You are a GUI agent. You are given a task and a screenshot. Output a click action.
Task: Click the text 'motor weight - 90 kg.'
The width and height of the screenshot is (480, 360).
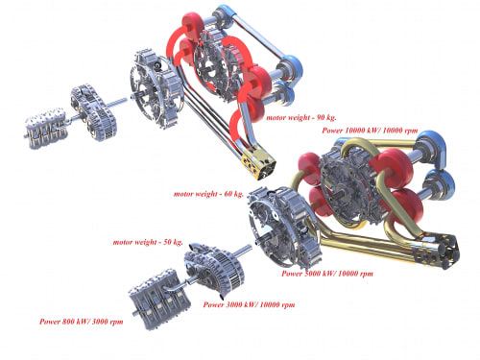[301, 117]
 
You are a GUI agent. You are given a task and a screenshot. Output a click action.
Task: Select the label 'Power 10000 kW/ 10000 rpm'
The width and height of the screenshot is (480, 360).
[370, 131]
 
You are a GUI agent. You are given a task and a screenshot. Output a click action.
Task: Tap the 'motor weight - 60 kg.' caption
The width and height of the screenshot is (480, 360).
[208, 194]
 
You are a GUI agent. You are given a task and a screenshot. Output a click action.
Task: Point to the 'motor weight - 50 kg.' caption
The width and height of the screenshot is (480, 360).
[148, 242]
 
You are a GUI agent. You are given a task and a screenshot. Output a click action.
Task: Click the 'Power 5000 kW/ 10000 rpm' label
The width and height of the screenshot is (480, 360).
[327, 274]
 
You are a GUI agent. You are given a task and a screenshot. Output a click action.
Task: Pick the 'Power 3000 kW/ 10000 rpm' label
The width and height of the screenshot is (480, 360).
[249, 304]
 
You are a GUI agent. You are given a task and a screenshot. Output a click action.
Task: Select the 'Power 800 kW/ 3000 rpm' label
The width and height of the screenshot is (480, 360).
[81, 322]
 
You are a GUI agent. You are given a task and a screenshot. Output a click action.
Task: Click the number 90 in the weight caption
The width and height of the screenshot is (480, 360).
[321, 117]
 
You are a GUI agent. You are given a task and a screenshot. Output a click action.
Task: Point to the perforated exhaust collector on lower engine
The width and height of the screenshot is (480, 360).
[437, 252]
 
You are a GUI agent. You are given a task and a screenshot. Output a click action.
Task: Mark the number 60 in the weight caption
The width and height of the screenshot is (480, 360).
[228, 194]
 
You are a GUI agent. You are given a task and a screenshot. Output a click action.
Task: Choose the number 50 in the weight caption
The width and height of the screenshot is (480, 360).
[168, 242]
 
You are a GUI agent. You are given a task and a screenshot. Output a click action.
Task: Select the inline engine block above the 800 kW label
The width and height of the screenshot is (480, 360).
[159, 300]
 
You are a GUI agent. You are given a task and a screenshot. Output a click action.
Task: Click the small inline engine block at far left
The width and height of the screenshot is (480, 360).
[46, 129]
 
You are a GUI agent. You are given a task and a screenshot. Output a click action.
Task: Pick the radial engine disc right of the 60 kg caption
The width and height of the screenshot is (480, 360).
[283, 228]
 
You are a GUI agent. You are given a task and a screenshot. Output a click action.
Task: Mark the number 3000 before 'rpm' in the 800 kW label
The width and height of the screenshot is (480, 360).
[100, 322]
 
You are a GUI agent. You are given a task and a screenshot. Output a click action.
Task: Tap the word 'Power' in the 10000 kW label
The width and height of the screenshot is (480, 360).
[332, 131]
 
